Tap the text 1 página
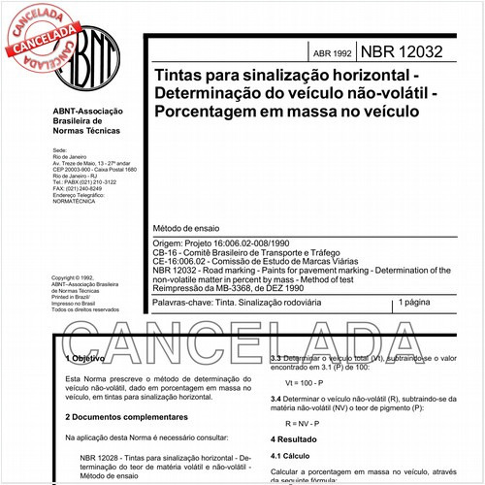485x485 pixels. pos(419,304)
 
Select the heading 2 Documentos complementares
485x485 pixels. pos(120,417)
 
